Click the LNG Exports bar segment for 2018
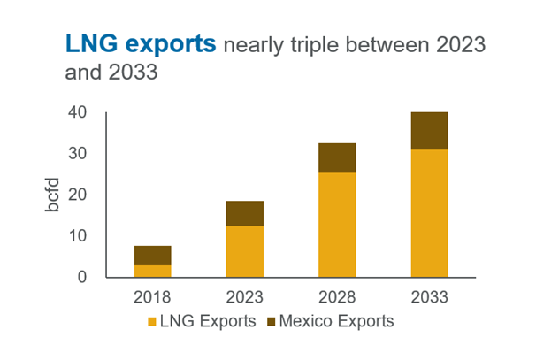152,271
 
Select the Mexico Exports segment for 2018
152,255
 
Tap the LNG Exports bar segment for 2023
245,251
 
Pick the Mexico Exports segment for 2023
245,213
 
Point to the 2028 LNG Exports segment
337,225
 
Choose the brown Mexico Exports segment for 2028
337,157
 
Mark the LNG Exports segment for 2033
430,213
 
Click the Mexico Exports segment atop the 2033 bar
430,131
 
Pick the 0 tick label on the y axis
83,277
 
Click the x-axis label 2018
152,295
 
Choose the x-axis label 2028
337,295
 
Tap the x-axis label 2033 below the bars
430,295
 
